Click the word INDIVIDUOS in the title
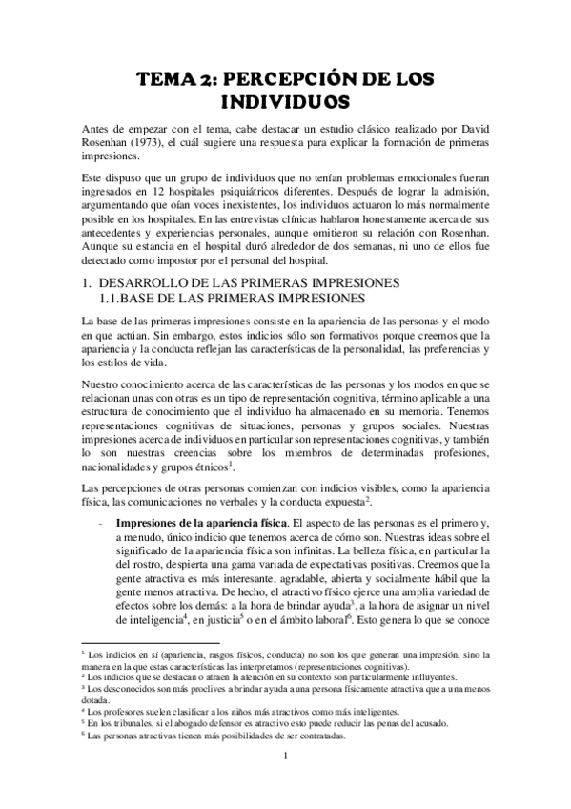(x=285, y=99)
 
